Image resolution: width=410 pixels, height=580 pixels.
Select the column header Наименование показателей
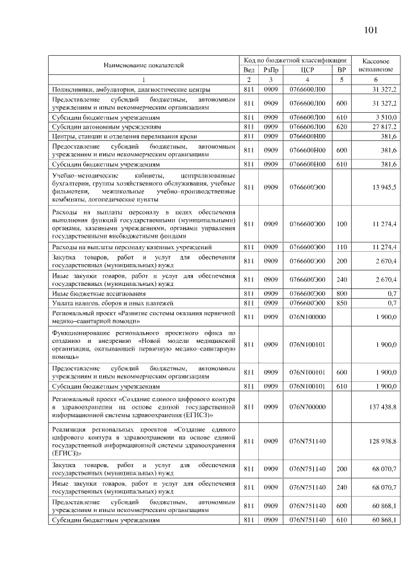(143, 65)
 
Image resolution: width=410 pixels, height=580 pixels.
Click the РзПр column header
(271, 70)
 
